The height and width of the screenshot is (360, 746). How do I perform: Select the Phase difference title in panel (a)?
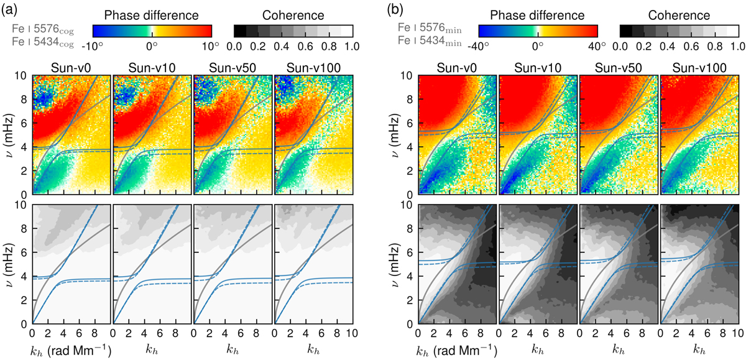[x=152, y=14]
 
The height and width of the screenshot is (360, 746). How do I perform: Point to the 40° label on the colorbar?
[x=597, y=46]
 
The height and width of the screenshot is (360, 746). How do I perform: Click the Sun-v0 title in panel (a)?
[x=71, y=67]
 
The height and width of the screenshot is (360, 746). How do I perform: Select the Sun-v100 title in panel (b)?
[x=699, y=67]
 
